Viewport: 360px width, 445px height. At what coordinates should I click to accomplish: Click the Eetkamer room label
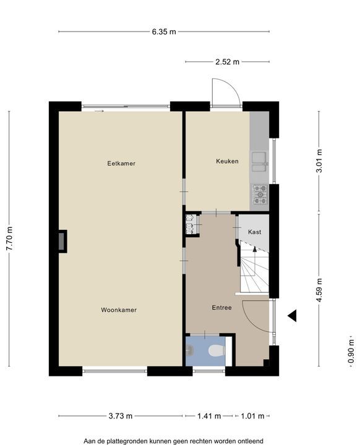[x=121, y=163]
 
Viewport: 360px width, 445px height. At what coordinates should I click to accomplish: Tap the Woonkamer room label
[x=119, y=310]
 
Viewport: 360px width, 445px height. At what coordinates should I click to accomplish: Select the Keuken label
[x=227, y=161]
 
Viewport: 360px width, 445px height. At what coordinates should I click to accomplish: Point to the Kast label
[x=255, y=232]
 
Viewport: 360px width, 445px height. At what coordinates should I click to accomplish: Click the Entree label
[x=222, y=308]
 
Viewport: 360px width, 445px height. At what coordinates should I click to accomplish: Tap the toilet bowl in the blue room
[x=216, y=350]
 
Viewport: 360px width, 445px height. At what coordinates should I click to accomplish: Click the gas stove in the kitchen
[x=260, y=195]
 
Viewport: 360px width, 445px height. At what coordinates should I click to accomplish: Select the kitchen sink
[x=259, y=162]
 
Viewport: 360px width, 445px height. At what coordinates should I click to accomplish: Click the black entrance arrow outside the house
[x=292, y=316]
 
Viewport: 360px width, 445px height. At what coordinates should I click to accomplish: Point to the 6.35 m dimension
[x=164, y=32]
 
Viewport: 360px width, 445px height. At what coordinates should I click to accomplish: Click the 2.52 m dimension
[x=227, y=62]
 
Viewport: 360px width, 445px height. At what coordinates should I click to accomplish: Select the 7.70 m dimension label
[x=9, y=239]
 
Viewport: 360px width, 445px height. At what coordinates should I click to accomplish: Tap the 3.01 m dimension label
[x=319, y=161]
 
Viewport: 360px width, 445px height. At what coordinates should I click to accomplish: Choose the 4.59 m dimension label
[x=319, y=290]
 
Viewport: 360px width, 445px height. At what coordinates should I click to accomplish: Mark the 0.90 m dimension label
[x=351, y=351]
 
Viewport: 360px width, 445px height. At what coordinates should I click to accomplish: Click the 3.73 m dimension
[x=121, y=416]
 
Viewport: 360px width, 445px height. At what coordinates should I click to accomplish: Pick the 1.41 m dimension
[x=209, y=416]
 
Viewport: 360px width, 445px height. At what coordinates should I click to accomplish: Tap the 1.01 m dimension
[x=252, y=416]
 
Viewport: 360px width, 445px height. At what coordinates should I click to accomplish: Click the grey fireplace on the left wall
[x=62, y=241]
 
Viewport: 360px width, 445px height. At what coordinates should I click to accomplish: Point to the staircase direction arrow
[x=255, y=256]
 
